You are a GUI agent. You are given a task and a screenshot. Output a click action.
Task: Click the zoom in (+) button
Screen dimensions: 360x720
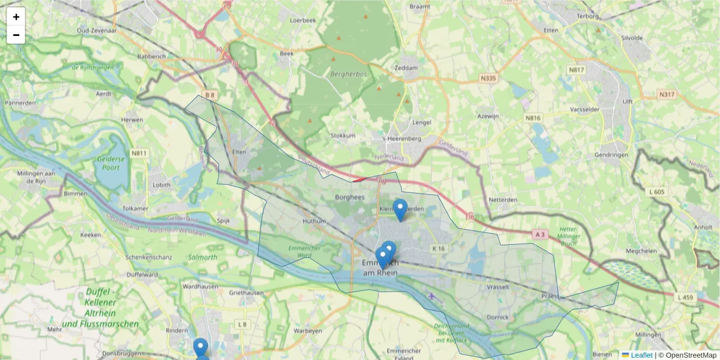[16, 17]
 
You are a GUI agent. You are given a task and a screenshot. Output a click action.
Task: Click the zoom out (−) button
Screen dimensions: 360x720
[16, 35]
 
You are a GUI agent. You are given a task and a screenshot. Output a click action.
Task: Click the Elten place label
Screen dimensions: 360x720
[239, 152]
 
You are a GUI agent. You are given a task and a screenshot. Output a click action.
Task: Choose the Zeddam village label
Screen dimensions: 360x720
[406, 68]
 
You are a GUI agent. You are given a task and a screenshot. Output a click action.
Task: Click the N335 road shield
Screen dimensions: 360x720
[488, 78]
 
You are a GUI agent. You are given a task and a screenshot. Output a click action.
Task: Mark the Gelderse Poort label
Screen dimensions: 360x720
[111, 163]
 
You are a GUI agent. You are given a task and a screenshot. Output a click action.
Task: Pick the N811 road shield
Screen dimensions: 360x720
[140, 154]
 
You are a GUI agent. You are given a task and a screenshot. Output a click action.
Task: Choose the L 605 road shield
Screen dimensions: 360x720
[657, 192]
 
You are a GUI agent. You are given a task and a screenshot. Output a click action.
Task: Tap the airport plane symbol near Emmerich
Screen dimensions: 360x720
[433, 296]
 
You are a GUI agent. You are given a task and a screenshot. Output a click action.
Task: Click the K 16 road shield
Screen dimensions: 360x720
[439, 248]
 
